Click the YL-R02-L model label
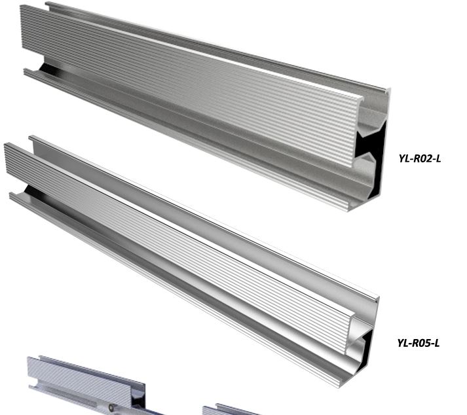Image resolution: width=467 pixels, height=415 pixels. (x=420, y=158)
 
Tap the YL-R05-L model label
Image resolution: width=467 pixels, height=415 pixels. (x=418, y=343)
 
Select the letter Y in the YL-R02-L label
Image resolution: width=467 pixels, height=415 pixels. (x=402, y=158)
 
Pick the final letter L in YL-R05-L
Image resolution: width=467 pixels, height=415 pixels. (x=437, y=343)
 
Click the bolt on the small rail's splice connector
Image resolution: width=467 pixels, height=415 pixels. (x=111, y=407)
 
